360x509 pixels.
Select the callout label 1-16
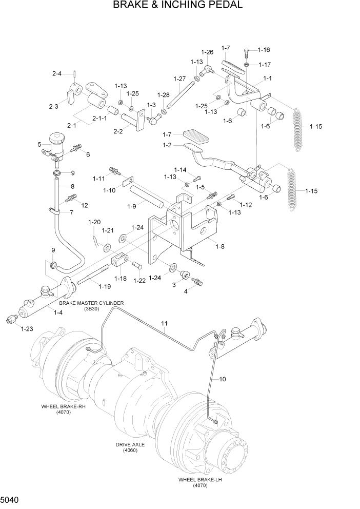264,50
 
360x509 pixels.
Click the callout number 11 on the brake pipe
165,324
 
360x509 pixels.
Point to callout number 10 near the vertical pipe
223,380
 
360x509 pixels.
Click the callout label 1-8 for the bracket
219,247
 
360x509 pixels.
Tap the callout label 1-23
27,329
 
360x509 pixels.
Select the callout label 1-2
167,146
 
